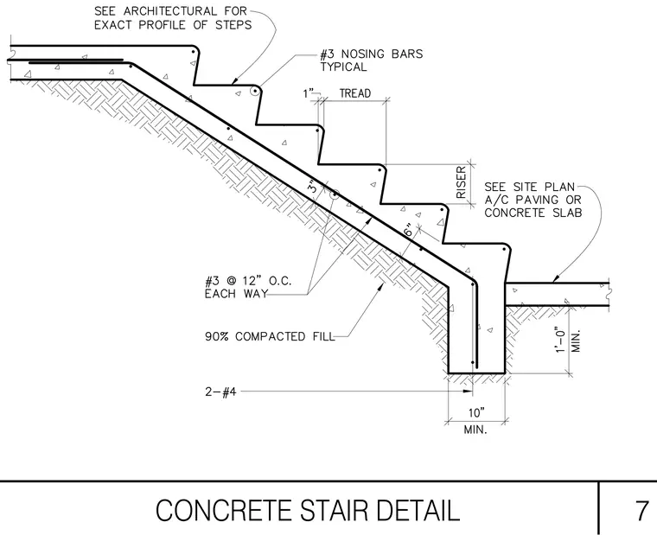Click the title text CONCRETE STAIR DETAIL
pos(308,510)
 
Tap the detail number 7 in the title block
pos(641,510)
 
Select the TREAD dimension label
pos(355,93)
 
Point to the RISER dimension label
pos(461,182)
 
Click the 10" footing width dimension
pos(476,413)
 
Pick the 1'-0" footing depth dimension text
pos(561,340)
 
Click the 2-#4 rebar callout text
pos(220,392)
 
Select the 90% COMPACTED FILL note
pos(270,336)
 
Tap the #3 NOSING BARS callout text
pos(372,54)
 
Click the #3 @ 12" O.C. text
pos(247,280)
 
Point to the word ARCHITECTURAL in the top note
pos(170,11)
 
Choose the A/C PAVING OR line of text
pos(533,200)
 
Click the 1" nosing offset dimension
pos(308,93)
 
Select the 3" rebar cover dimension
pos(314,187)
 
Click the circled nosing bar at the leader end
pos(254,91)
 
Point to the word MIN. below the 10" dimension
pos(475,430)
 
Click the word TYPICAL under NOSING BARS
pos(343,67)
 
